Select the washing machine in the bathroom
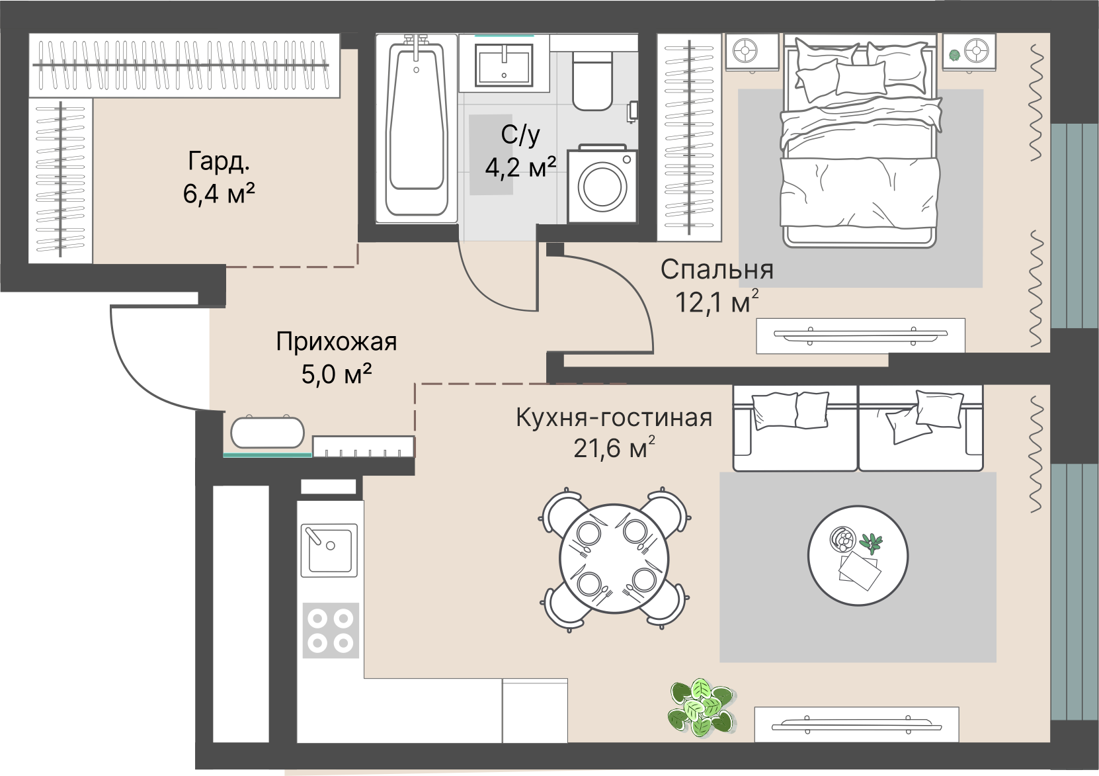click(602, 184)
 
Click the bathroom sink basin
click(504, 65)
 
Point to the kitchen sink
click(329, 550)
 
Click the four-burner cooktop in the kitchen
click(331, 630)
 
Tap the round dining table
click(615, 559)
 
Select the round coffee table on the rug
click(858, 556)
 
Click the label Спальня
click(717, 269)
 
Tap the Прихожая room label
click(336, 341)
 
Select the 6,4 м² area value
click(219, 193)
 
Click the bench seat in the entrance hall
click(267, 433)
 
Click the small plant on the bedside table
click(954, 54)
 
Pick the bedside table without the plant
click(752, 52)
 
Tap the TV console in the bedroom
click(860, 335)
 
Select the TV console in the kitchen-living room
click(856, 724)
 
